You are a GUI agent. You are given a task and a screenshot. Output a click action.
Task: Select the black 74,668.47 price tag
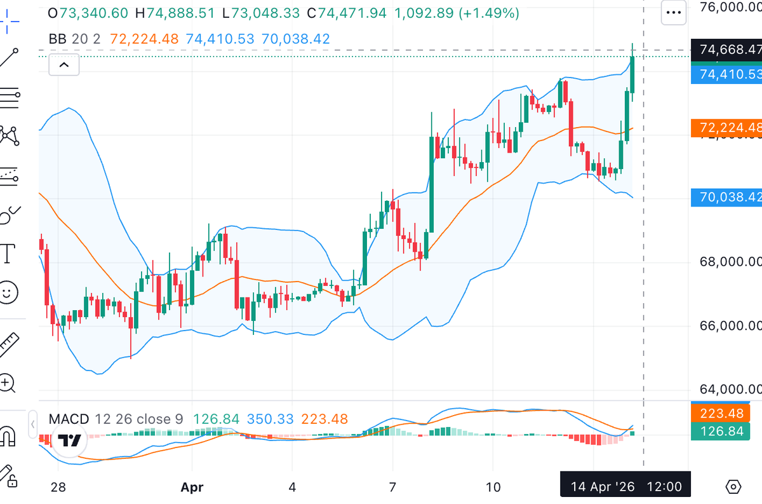(728, 50)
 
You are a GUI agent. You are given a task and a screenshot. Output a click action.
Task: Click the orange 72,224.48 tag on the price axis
(728, 128)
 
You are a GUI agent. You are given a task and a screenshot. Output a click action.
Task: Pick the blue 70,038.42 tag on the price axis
(728, 198)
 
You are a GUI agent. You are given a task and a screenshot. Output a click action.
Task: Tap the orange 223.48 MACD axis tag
(723, 413)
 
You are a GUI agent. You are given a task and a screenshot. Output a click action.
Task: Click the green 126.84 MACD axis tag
(723, 432)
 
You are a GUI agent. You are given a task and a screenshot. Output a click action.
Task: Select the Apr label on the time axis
(192, 487)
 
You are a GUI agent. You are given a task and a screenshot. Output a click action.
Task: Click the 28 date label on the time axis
(58, 487)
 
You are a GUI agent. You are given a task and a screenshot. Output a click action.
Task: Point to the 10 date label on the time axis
(493, 487)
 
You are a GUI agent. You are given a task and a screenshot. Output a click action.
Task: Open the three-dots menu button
(673, 13)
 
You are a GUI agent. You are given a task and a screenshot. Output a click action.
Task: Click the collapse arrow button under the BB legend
(63, 65)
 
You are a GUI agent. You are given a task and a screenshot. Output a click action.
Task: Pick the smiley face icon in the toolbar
(8, 293)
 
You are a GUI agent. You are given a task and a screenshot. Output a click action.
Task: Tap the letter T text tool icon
(8, 253)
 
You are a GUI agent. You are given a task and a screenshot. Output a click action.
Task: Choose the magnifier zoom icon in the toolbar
(8, 383)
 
